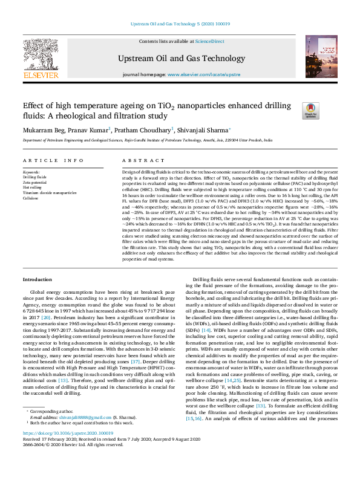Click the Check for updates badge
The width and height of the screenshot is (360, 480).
[310, 109]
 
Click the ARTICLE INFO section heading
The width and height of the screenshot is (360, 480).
[53, 160]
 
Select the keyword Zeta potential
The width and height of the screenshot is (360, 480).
[35, 182]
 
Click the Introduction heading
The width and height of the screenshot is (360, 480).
[38, 279]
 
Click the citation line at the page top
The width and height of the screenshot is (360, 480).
[180, 24]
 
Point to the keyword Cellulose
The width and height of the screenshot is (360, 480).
[32, 198]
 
